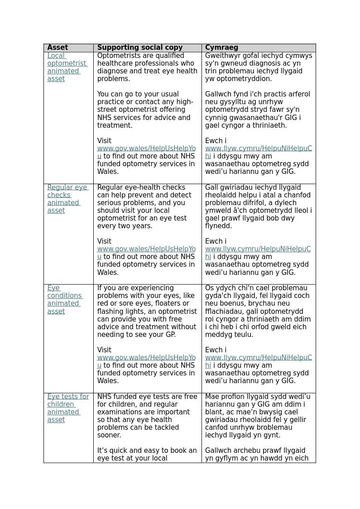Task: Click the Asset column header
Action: coord(58,48)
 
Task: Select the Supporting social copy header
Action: coord(139,48)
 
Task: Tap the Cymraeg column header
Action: coord(221,48)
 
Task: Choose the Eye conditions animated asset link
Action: coord(64,299)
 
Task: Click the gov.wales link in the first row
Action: coord(146,149)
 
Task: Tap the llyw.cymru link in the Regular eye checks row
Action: coord(258,249)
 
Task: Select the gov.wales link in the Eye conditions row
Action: coord(146,358)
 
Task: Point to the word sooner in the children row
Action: coord(109,435)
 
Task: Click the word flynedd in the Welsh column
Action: coord(218,226)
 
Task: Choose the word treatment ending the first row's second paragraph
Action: coord(114,125)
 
